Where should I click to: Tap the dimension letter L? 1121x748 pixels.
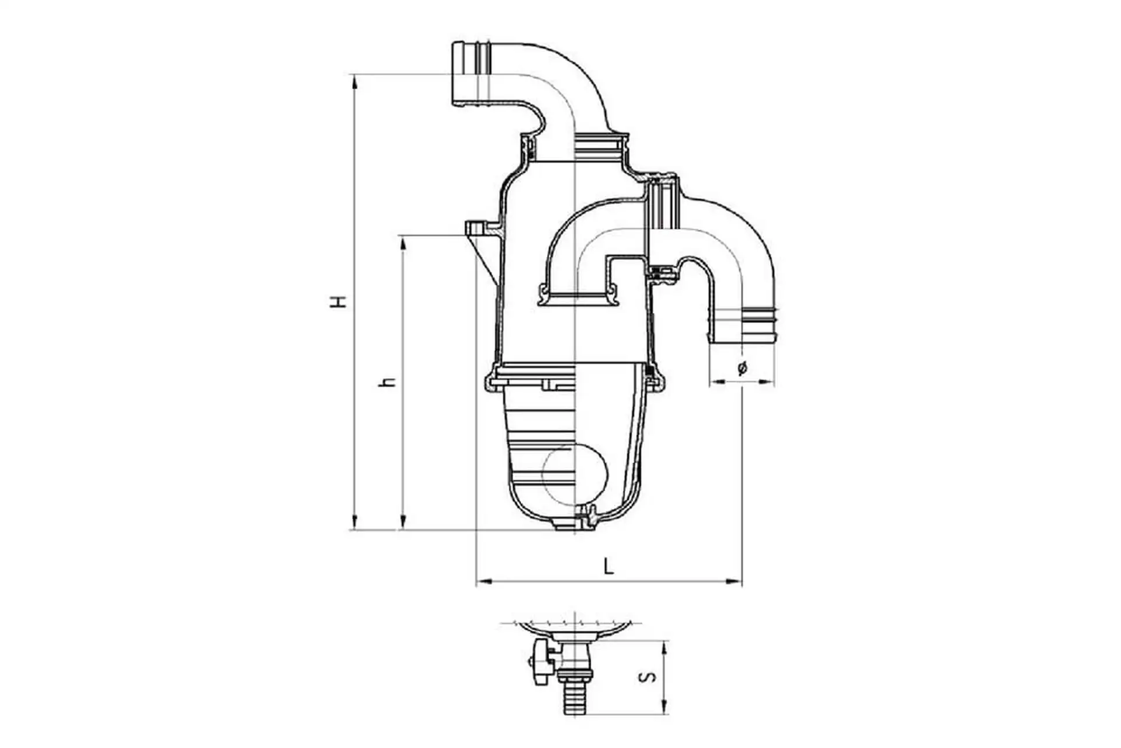tap(609, 566)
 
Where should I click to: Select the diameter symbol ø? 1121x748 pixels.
tap(742, 368)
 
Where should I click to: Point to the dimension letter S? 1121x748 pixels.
tap(647, 677)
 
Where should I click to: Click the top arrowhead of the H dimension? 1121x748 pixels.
tap(354, 81)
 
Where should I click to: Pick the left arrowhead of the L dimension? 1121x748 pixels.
tap(484, 581)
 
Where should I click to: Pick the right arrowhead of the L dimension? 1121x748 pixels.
tap(734, 581)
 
